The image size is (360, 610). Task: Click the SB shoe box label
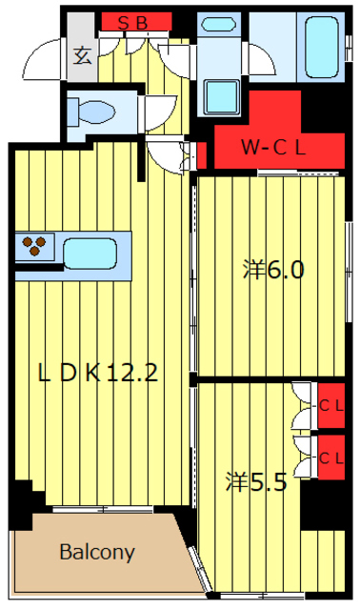click(133, 24)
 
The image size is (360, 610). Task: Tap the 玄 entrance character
click(83, 55)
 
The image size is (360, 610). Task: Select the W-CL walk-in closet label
click(273, 148)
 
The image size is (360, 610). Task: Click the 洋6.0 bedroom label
click(273, 270)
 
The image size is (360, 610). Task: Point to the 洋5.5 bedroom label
click(256, 482)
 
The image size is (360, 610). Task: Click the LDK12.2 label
click(98, 373)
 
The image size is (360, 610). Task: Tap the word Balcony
click(97, 552)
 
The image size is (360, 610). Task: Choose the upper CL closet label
click(331, 406)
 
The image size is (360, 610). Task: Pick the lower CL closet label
click(331, 458)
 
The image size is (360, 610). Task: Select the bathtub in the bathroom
click(321, 48)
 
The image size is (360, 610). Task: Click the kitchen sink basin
click(90, 254)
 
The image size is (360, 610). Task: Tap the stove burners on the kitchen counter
click(34, 246)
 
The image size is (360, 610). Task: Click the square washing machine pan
click(222, 97)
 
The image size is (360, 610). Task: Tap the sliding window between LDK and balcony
click(103, 509)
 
